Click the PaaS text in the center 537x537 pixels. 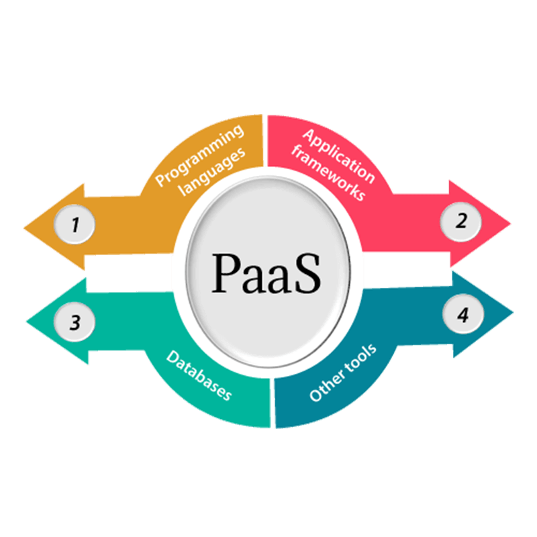267,272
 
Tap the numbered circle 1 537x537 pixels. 75,224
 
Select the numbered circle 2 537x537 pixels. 460,221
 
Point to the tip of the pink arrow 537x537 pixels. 510,222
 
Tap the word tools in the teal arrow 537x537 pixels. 362,358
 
